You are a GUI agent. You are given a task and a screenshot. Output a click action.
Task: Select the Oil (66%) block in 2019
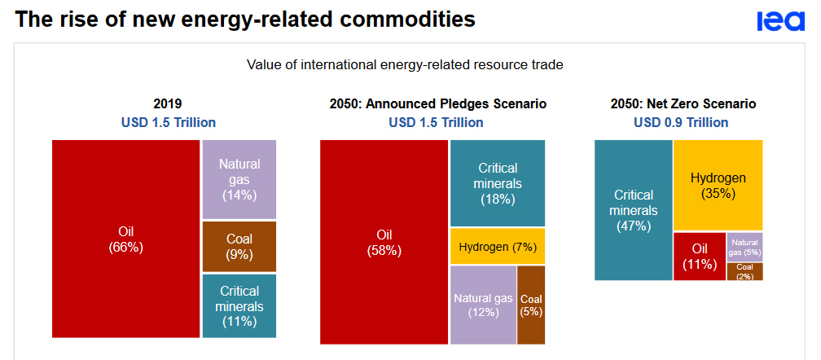pos(125,239)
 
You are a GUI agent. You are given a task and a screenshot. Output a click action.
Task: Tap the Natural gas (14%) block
pos(239,178)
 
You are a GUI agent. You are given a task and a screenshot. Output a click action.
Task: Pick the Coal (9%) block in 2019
pos(239,246)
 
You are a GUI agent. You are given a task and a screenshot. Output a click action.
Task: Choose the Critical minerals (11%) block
pos(239,305)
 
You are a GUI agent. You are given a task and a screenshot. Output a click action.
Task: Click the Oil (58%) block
pos(383,242)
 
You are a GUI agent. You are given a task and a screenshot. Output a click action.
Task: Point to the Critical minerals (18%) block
pos(497,182)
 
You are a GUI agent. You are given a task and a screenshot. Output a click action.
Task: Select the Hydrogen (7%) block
pos(497,247)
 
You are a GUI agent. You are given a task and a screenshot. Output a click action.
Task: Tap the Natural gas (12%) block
pos(483,305)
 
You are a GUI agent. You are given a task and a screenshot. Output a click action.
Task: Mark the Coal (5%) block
pos(531,305)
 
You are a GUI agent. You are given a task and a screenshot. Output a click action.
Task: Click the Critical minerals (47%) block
pos(633,210)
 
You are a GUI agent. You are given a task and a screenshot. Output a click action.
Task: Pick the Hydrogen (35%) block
pos(718,185)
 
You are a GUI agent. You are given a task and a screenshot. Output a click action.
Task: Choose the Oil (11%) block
pos(699,256)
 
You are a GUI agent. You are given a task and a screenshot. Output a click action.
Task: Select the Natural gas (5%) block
pos(744,246)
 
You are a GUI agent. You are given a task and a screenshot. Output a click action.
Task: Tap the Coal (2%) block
pos(744,271)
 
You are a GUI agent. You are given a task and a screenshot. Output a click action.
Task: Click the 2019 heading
pos(168,104)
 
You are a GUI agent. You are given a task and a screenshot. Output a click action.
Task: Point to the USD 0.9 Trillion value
pos(681,122)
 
